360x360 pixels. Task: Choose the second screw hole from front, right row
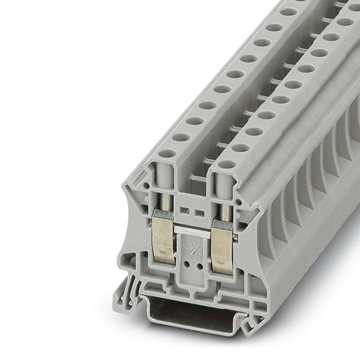[x=240, y=148]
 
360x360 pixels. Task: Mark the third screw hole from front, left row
[x=195, y=121]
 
